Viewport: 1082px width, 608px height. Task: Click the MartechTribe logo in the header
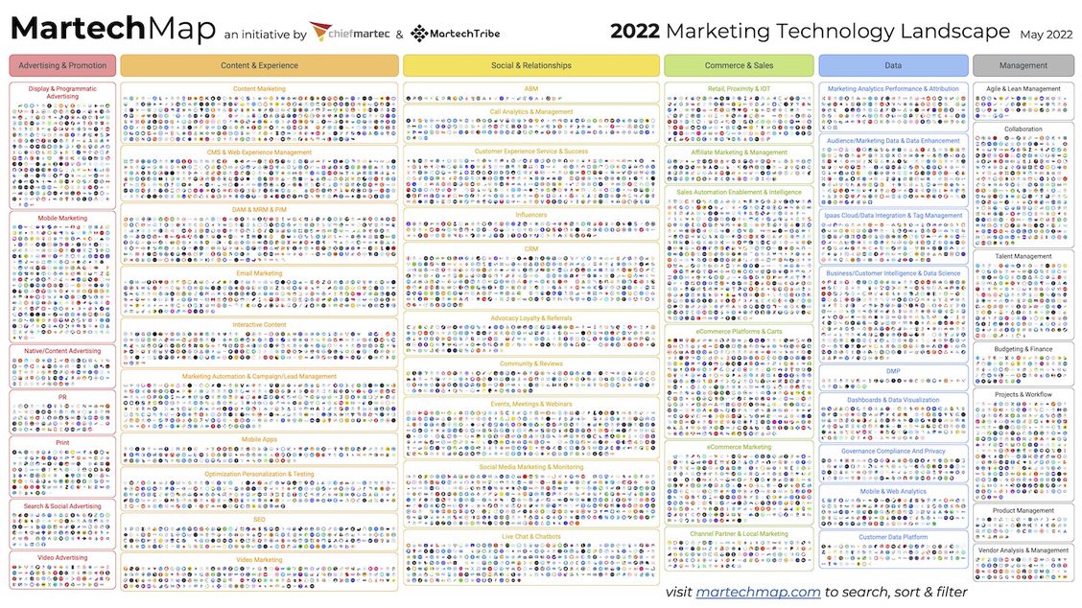[x=455, y=34]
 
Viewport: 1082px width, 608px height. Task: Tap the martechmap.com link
[x=758, y=592]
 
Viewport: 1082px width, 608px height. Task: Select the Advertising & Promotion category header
[x=63, y=65]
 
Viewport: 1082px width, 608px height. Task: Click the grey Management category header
[x=1023, y=65]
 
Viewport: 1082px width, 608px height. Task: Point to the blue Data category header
[x=893, y=65]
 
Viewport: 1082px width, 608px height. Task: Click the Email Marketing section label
[x=259, y=273]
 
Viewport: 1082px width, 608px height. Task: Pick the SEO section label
[x=259, y=519]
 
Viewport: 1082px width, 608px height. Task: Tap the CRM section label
[x=531, y=248]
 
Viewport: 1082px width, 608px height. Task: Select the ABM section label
[x=531, y=88]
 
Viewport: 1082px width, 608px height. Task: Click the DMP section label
[x=893, y=371]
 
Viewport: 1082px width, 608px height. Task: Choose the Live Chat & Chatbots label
[x=531, y=535]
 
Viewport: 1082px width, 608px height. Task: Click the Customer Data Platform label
[x=893, y=537]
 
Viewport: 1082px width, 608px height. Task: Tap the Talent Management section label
[x=1023, y=256]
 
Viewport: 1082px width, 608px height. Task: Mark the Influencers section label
[x=531, y=215]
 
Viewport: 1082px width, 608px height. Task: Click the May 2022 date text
[x=1046, y=34]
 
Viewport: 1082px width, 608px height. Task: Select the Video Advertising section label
[x=63, y=557]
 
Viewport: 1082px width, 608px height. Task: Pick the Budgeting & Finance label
[x=1023, y=349]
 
